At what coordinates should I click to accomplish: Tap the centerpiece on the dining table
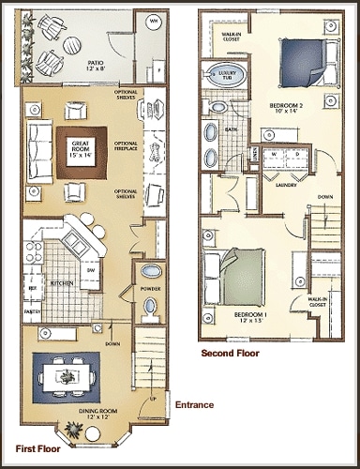coord(66,376)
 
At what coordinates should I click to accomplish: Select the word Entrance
coord(194,405)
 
